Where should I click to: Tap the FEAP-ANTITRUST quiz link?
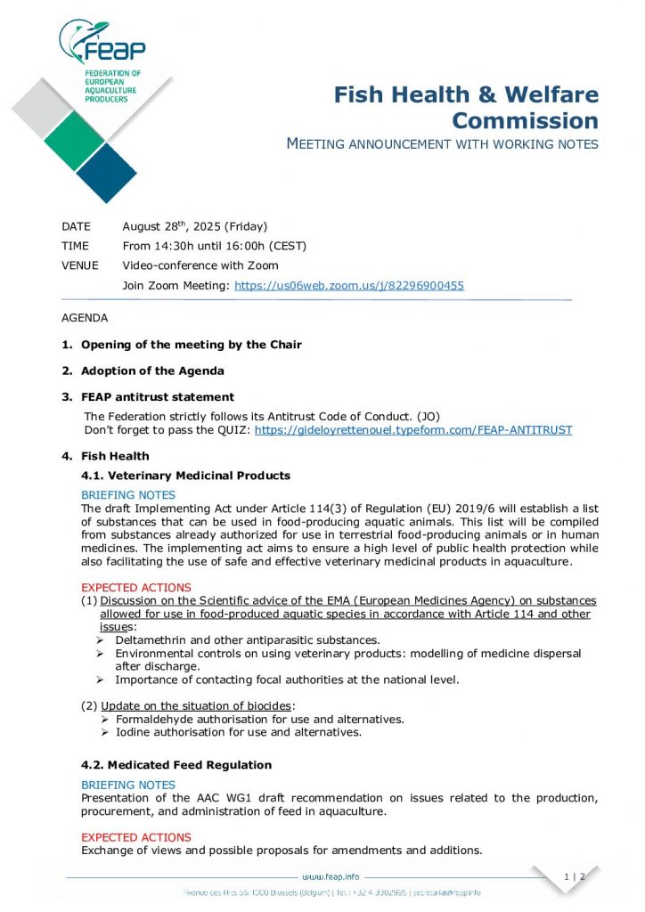click(413, 429)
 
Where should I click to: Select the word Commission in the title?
click(525, 120)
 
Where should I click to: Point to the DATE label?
click(76, 226)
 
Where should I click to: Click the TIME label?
click(75, 246)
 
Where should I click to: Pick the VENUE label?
click(80, 265)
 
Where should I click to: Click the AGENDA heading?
click(85, 318)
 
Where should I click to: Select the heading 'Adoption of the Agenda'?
click(152, 370)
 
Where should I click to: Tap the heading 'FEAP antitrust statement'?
click(158, 397)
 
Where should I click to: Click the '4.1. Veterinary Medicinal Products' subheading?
click(185, 476)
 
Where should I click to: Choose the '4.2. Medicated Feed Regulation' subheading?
click(176, 765)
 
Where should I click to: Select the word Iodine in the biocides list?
click(133, 732)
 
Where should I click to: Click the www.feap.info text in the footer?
click(331, 877)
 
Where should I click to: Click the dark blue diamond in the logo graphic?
click(107, 173)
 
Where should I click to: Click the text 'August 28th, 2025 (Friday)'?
click(194, 226)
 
